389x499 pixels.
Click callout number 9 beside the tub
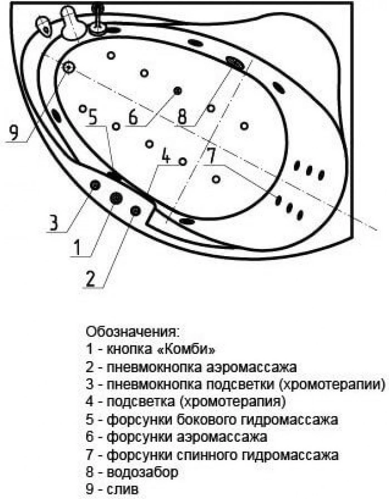pyautogui.click(x=14, y=132)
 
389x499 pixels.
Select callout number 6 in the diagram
pyautogui.click(x=132, y=117)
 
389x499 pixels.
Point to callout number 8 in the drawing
pyautogui.click(x=182, y=117)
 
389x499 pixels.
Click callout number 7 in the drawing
pyautogui.click(x=210, y=156)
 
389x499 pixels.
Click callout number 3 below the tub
pyautogui.click(x=53, y=222)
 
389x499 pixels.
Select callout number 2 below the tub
pyautogui.click(x=90, y=279)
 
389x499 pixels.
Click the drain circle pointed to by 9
pyautogui.click(x=68, y=67)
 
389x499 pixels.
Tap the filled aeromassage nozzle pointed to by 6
pyautogui.click(x=178, y=91)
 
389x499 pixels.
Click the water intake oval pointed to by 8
pyautogui.click(x=235, y=63)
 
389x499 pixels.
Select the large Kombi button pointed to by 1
pyautogui.click(x=116, y=198)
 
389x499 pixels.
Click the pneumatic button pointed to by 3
pyautogui.click(x=95, y=185)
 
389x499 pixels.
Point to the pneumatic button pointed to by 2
pyautogui.click(x=136, y=211)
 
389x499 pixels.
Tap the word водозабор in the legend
pyautogui.click(x=142, y=472)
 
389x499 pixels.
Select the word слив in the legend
pyautogui.click(x=122, y=489)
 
